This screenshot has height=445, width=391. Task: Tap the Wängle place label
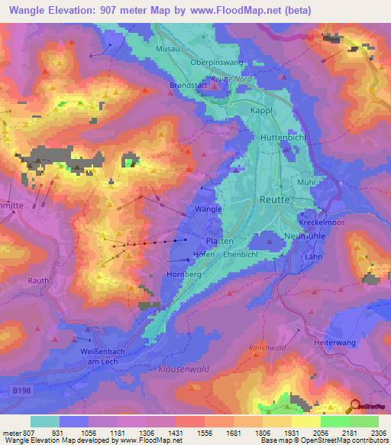point(208,209)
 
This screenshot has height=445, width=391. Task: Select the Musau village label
point(167,48)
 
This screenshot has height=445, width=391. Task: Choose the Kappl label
point(262,111)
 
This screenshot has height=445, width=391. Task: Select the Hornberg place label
point(183,273)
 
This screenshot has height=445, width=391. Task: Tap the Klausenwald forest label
point(183,369)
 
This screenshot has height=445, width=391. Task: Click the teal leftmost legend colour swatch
point(45,421)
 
